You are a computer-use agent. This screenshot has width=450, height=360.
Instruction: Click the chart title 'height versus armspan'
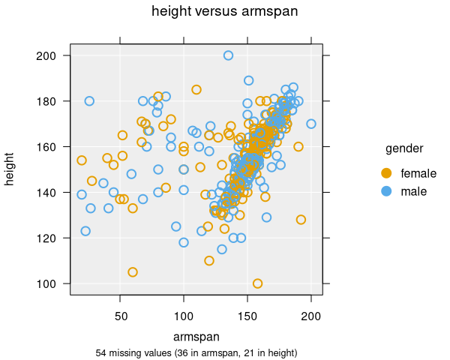[x=224, y=11]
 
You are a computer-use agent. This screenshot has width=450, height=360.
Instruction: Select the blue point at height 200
[x=228, y=55]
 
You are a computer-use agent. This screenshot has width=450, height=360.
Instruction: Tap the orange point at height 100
[x=257, y=283]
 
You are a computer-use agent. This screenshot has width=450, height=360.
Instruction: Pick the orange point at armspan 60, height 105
[x=133, y=272]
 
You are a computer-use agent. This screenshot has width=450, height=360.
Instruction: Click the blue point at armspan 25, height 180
[x=89, y=101]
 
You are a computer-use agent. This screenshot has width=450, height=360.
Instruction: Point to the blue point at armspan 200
[x=311, y=124]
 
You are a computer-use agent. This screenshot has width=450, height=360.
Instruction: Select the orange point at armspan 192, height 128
[x=301, y=220]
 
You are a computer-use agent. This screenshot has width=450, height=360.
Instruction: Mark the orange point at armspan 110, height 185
[x=196, y=90]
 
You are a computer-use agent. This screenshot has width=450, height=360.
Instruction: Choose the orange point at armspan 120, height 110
[x=209, y=261]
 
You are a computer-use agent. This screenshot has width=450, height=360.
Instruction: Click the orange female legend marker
[x=386, y=173]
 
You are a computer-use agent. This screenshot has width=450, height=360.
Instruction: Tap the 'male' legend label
[x=414, y=192]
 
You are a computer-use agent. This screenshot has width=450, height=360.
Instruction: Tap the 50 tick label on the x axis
[x=121, y=317]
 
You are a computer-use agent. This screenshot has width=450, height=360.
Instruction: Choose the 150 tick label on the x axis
[x=247, y=317]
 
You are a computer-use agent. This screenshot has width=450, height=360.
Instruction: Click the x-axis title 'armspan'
[x=196, y=335]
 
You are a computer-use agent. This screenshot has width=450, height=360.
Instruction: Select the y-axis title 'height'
[x=10, y=169]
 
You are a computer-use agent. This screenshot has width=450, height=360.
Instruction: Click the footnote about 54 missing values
[x=196, y=352]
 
